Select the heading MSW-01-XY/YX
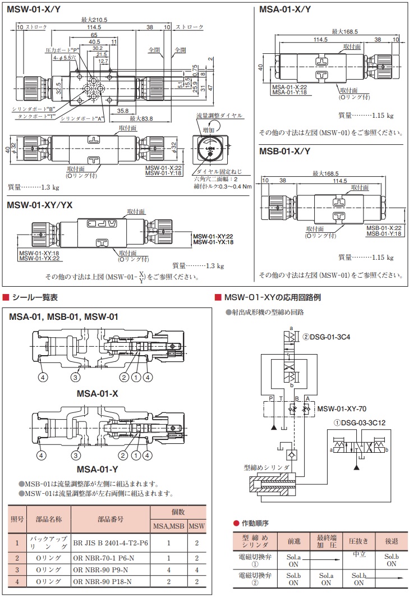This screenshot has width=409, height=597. point(40,205)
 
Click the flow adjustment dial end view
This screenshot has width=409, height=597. point(209,150)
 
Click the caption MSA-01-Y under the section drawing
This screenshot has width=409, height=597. point(97,469)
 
